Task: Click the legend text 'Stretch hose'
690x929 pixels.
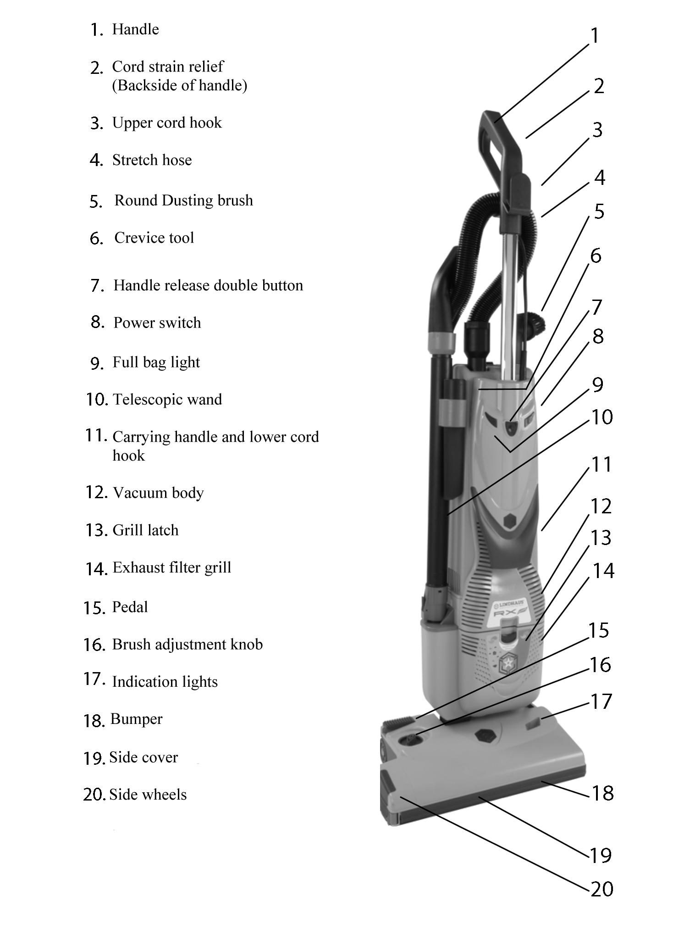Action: pos(152,160)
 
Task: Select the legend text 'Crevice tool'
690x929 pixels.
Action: pos(154,238)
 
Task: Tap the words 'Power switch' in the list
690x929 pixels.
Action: pos(157,323)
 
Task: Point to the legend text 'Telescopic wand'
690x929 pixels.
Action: pos(167,399)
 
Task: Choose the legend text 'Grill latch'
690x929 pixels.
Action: pos(145,530)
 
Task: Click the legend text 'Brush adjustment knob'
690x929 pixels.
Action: pos(187,644)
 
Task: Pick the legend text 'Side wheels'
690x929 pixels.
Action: pos(148,794)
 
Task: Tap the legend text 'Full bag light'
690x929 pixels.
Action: pos(156,362)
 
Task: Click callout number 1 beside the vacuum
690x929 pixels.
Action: pos(595,36)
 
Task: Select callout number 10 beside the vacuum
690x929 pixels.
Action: pos(602,417)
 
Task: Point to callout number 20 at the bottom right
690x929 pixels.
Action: pos(602,889)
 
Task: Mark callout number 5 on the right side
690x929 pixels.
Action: pos(599,211)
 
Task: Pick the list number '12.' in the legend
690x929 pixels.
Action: pos(96,492)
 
